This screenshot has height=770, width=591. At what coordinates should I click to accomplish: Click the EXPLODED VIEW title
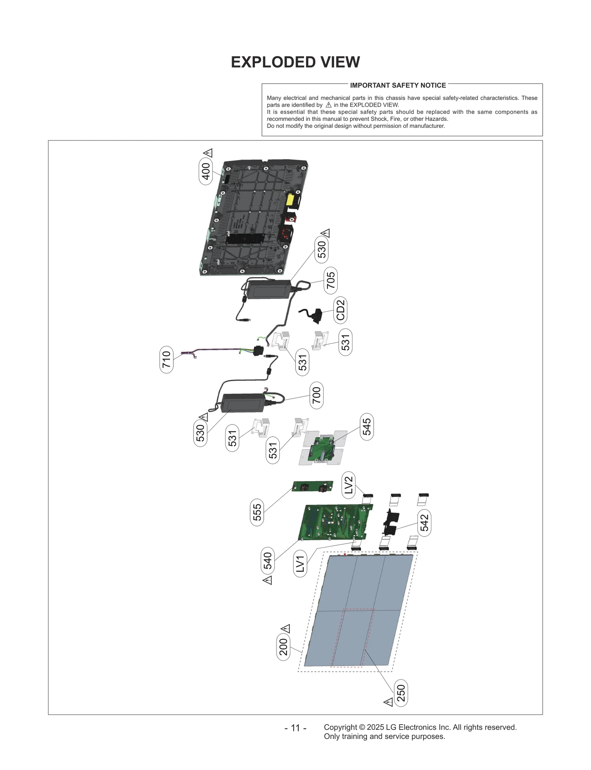(x=295, y=62)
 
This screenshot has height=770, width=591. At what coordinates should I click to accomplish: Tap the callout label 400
(x=206, y=171)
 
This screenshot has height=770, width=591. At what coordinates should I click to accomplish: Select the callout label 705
(x=331, y=280)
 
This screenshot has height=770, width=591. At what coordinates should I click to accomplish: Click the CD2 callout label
(x=340, y=310)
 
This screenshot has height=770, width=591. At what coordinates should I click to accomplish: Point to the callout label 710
(x=167, y=359)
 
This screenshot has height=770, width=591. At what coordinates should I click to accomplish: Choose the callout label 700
(x=317, y=395)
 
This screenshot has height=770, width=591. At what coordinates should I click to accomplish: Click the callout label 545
(x=366, y=427)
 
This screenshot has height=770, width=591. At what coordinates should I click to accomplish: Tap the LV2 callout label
(x=348, y=485)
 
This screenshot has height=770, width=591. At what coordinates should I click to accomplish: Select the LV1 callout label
(x=300, y=563)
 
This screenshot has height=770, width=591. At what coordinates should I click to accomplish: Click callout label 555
(x=257, y=512)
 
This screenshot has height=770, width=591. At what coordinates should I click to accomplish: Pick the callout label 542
(x=424, y=522)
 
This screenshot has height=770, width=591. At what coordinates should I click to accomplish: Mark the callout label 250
(x=401, y=693)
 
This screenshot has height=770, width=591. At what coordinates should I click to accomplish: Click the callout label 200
(x=283, y=647)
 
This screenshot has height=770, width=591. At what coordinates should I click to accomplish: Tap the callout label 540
(x=267, y=561)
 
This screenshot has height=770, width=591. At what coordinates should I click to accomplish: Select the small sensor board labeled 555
(x=312, y=486)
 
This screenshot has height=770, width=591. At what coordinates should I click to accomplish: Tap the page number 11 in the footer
(x=295, y=728)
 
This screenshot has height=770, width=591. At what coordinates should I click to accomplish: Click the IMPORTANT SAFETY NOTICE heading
(x=398, y=85)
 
